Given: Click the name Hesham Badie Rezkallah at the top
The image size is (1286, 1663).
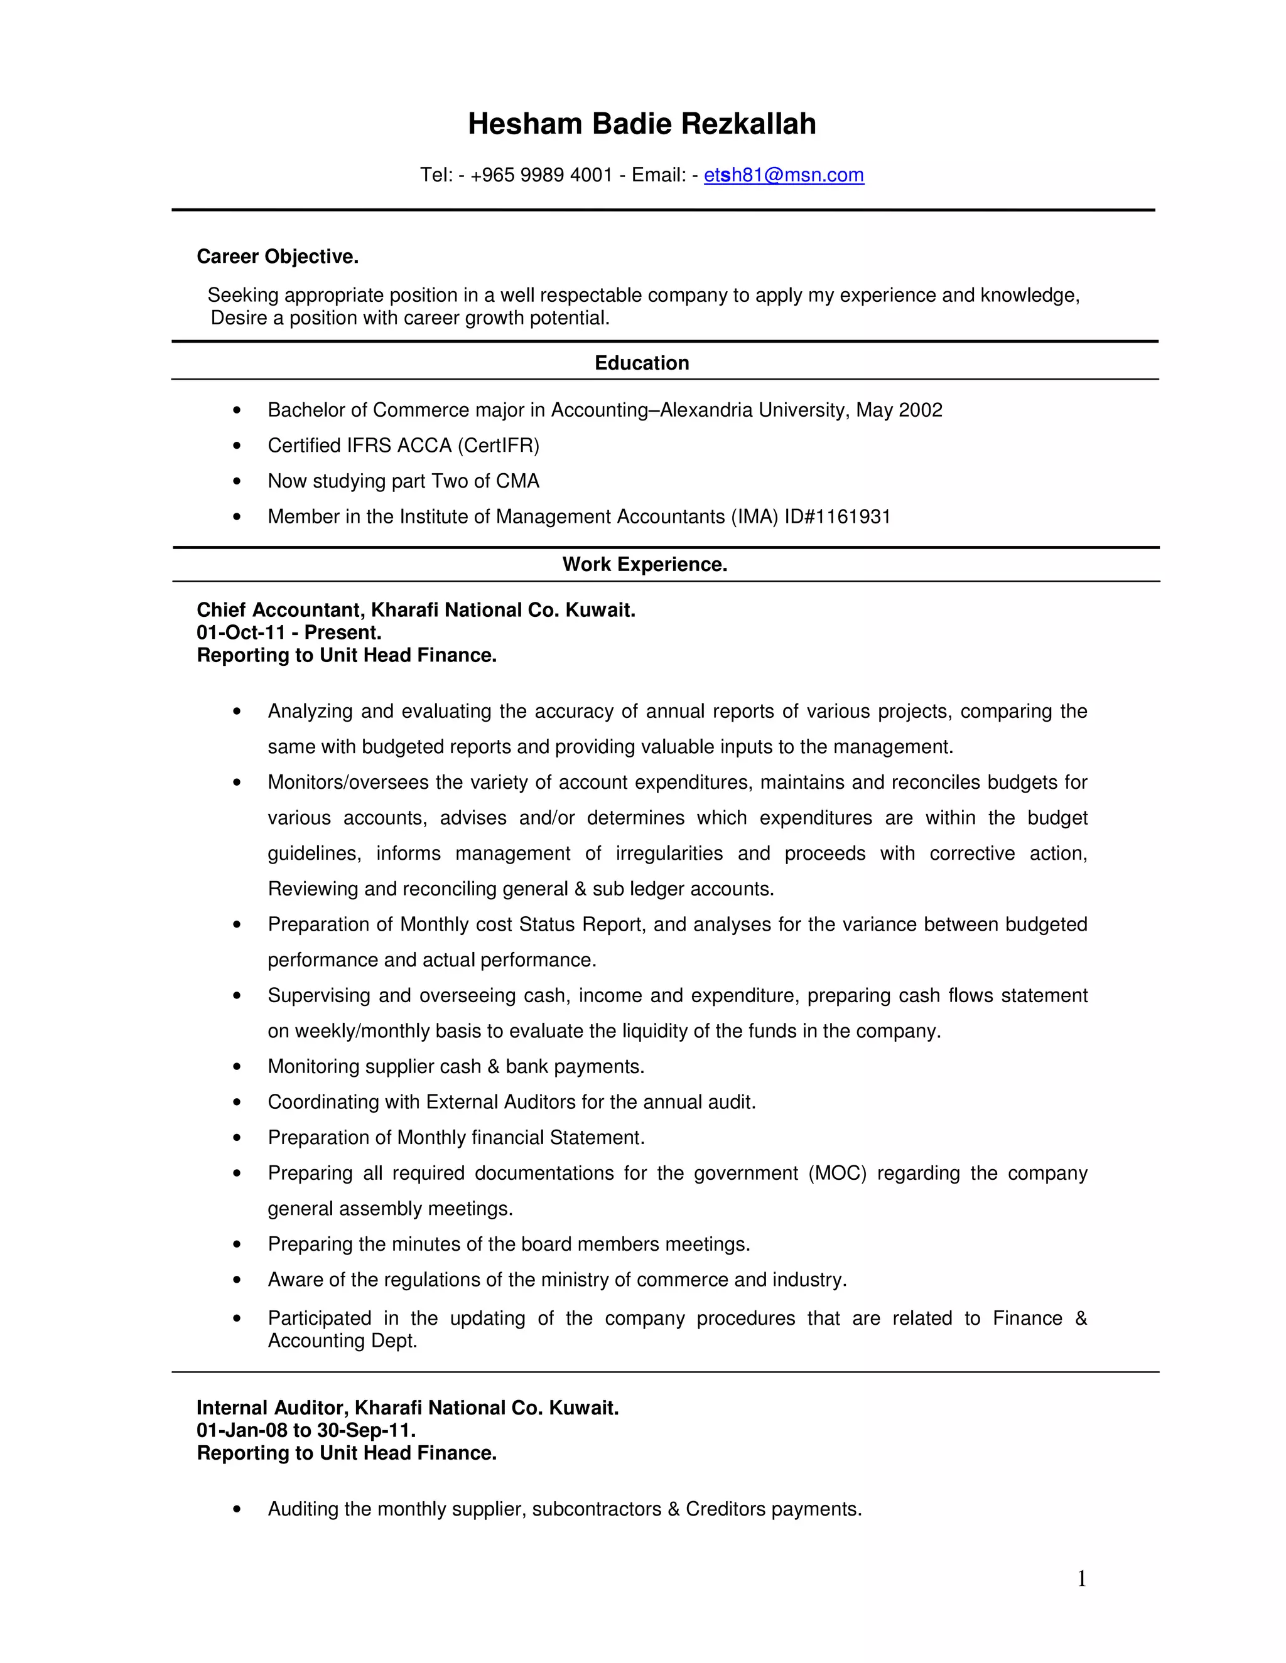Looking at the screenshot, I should [642, 124].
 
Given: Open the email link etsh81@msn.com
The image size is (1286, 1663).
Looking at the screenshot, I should [783, 176].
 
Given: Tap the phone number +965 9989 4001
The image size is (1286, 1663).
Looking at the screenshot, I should [542, 176].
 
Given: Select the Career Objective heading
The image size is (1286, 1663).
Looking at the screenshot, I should [278, 257].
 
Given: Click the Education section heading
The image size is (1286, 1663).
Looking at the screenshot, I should [642, 363].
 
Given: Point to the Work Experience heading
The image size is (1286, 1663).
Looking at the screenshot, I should [644, 564].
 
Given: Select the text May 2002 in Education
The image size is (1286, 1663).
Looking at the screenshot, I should [899, 410].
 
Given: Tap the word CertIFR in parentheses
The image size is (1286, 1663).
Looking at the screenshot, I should [498, 446].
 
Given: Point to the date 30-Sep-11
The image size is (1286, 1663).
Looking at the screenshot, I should [365, 1430].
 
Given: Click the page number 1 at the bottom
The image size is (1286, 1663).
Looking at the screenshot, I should [1081, 1580].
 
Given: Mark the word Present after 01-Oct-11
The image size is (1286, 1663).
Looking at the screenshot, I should [342, 633].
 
